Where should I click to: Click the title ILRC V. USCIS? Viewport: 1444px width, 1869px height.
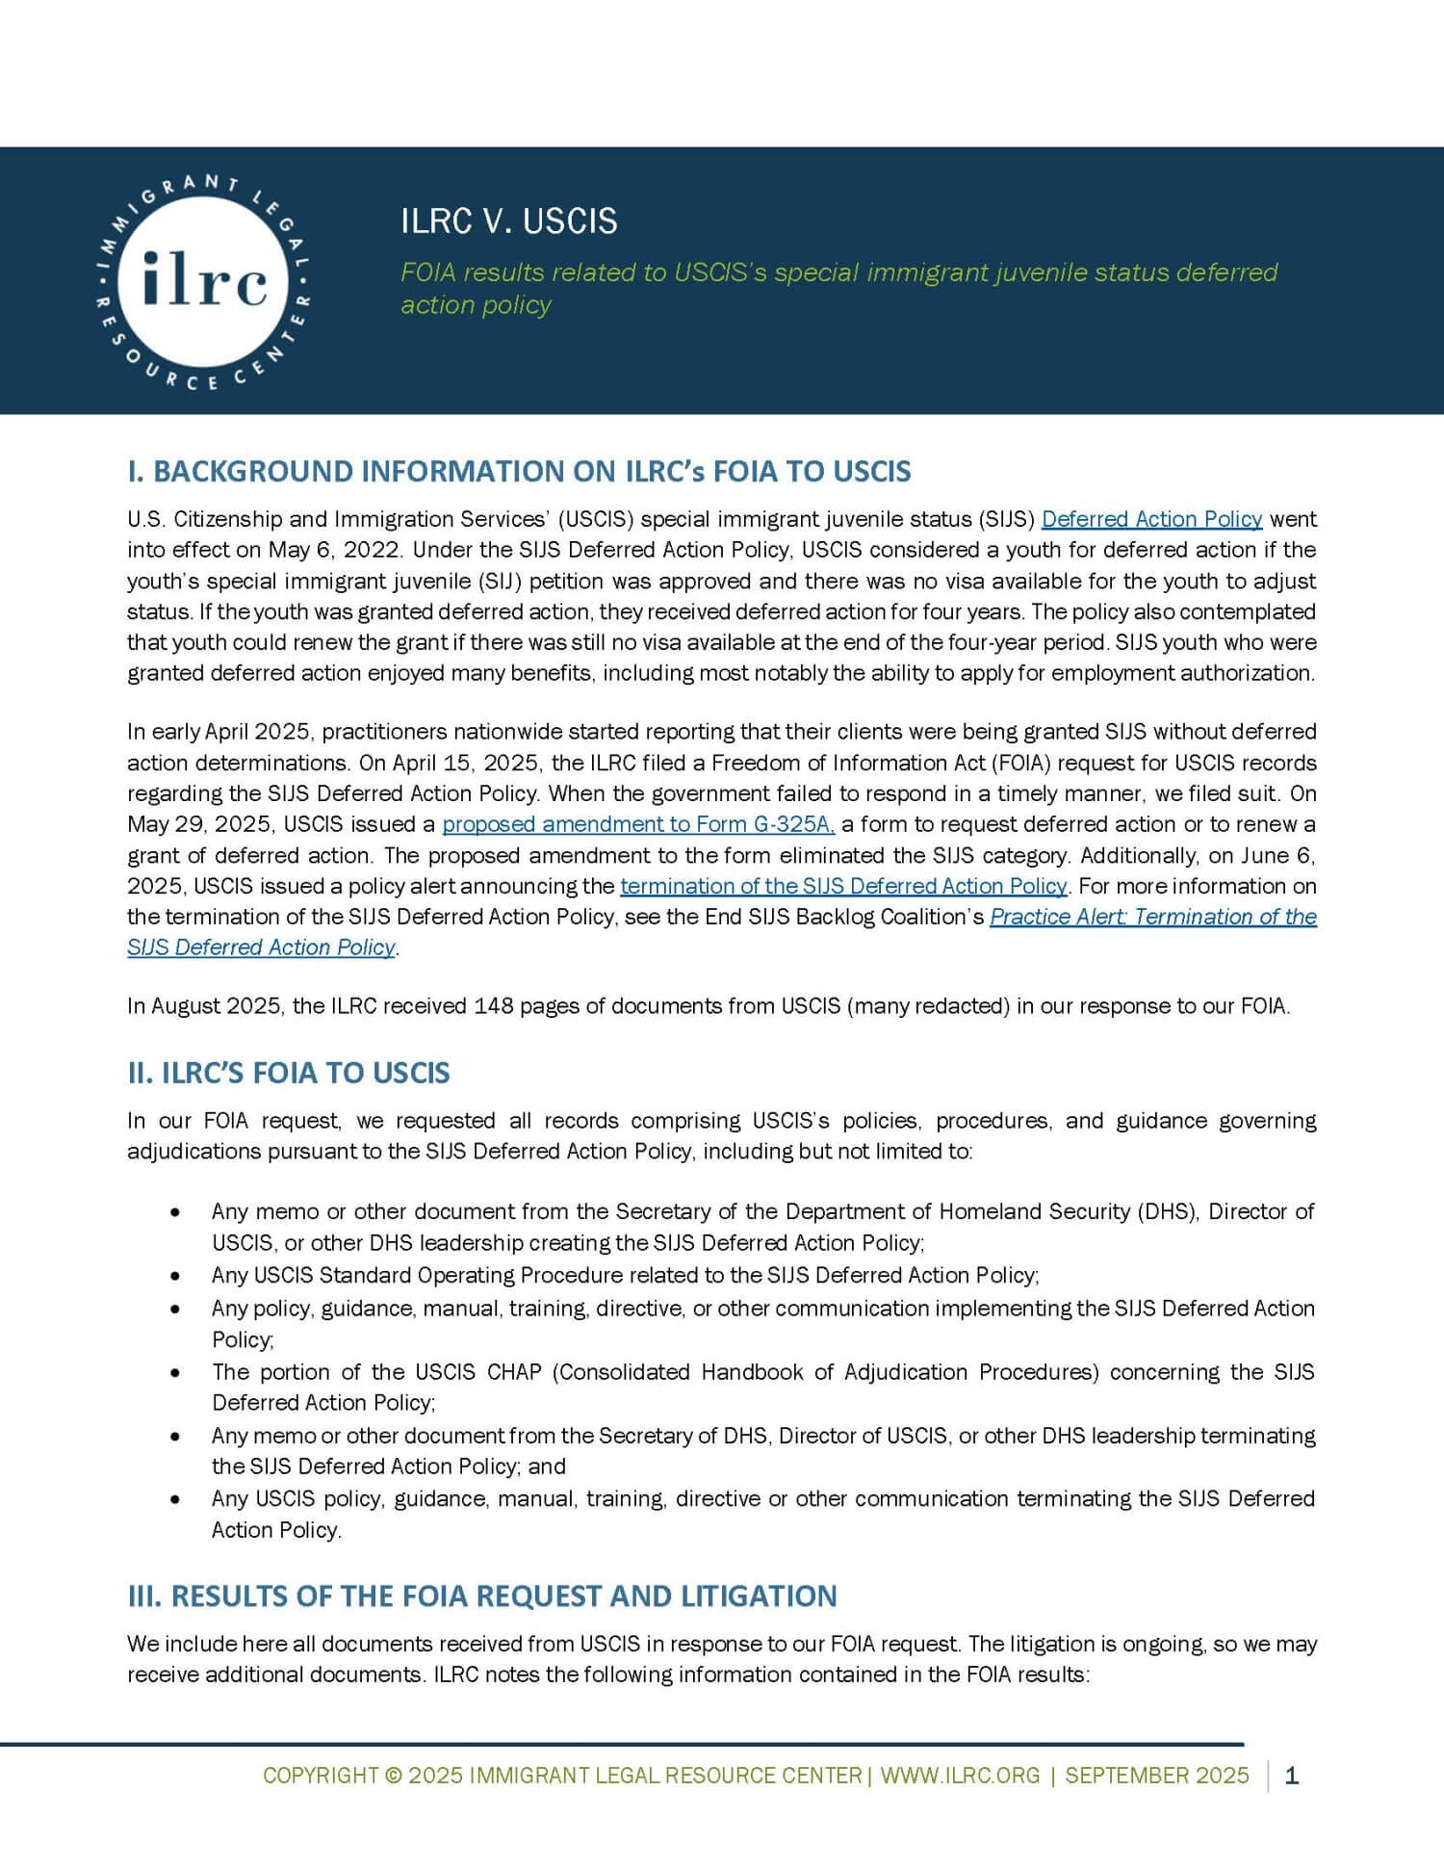click(508, 221)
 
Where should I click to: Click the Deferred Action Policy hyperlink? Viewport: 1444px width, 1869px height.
click(1151, 519)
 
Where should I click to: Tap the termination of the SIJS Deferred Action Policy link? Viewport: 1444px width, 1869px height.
click(843, 886)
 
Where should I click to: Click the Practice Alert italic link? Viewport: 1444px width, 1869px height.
click(1152, 917)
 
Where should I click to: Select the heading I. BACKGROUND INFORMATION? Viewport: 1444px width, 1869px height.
click(519, 471)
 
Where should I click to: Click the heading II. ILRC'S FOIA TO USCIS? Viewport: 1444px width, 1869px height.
click(289, 1073)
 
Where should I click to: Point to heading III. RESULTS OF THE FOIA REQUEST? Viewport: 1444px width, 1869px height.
click(482, 1596)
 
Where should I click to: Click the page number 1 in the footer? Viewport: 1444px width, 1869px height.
click(1291, 1776)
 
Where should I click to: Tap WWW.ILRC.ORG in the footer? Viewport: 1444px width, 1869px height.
click(960, 1776)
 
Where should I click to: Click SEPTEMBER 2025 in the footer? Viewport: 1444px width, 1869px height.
click(1156, 1776)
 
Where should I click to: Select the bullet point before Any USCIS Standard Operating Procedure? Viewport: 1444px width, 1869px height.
click(174, 1276)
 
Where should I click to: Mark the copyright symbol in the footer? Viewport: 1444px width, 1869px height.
click(393, 1776)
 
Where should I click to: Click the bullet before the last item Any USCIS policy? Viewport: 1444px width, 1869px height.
click(174, 1499)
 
